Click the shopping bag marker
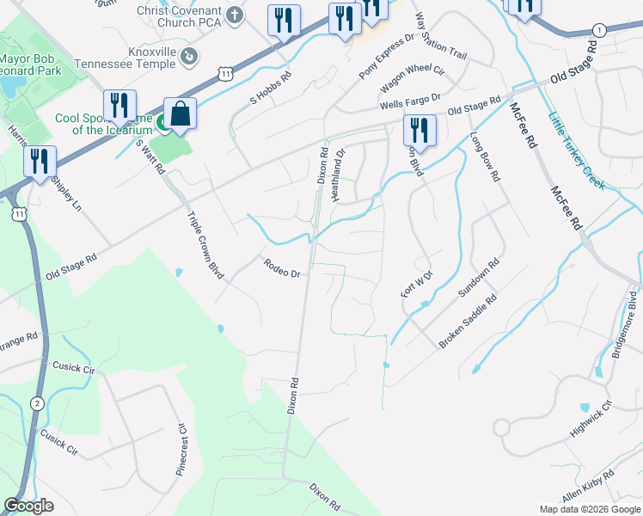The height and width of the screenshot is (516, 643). coord(180,114)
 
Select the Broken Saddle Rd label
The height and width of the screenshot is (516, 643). coord(468,322)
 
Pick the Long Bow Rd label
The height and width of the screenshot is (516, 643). coord(484,156)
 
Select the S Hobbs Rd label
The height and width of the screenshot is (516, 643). coord(271,88)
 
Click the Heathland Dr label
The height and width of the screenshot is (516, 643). coord(338,175)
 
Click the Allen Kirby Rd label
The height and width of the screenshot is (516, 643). coord(588,487)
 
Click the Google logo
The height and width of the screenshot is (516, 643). coord(28,507)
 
